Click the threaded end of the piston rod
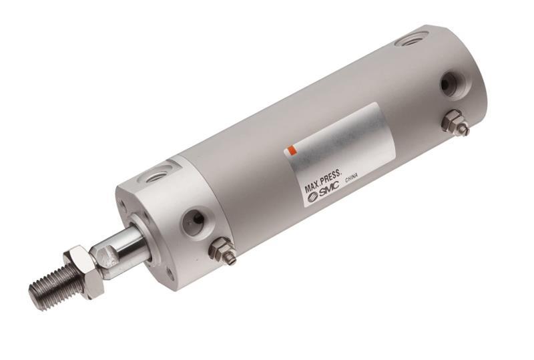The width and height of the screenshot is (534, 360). [x=56, y=284]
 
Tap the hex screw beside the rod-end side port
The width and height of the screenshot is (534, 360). [x=222, y=252]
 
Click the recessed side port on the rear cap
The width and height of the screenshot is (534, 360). [x=449, y=85]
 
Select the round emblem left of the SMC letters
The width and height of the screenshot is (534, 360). [x=308, y=200]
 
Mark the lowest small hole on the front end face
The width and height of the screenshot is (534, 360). [x=171, y=272]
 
